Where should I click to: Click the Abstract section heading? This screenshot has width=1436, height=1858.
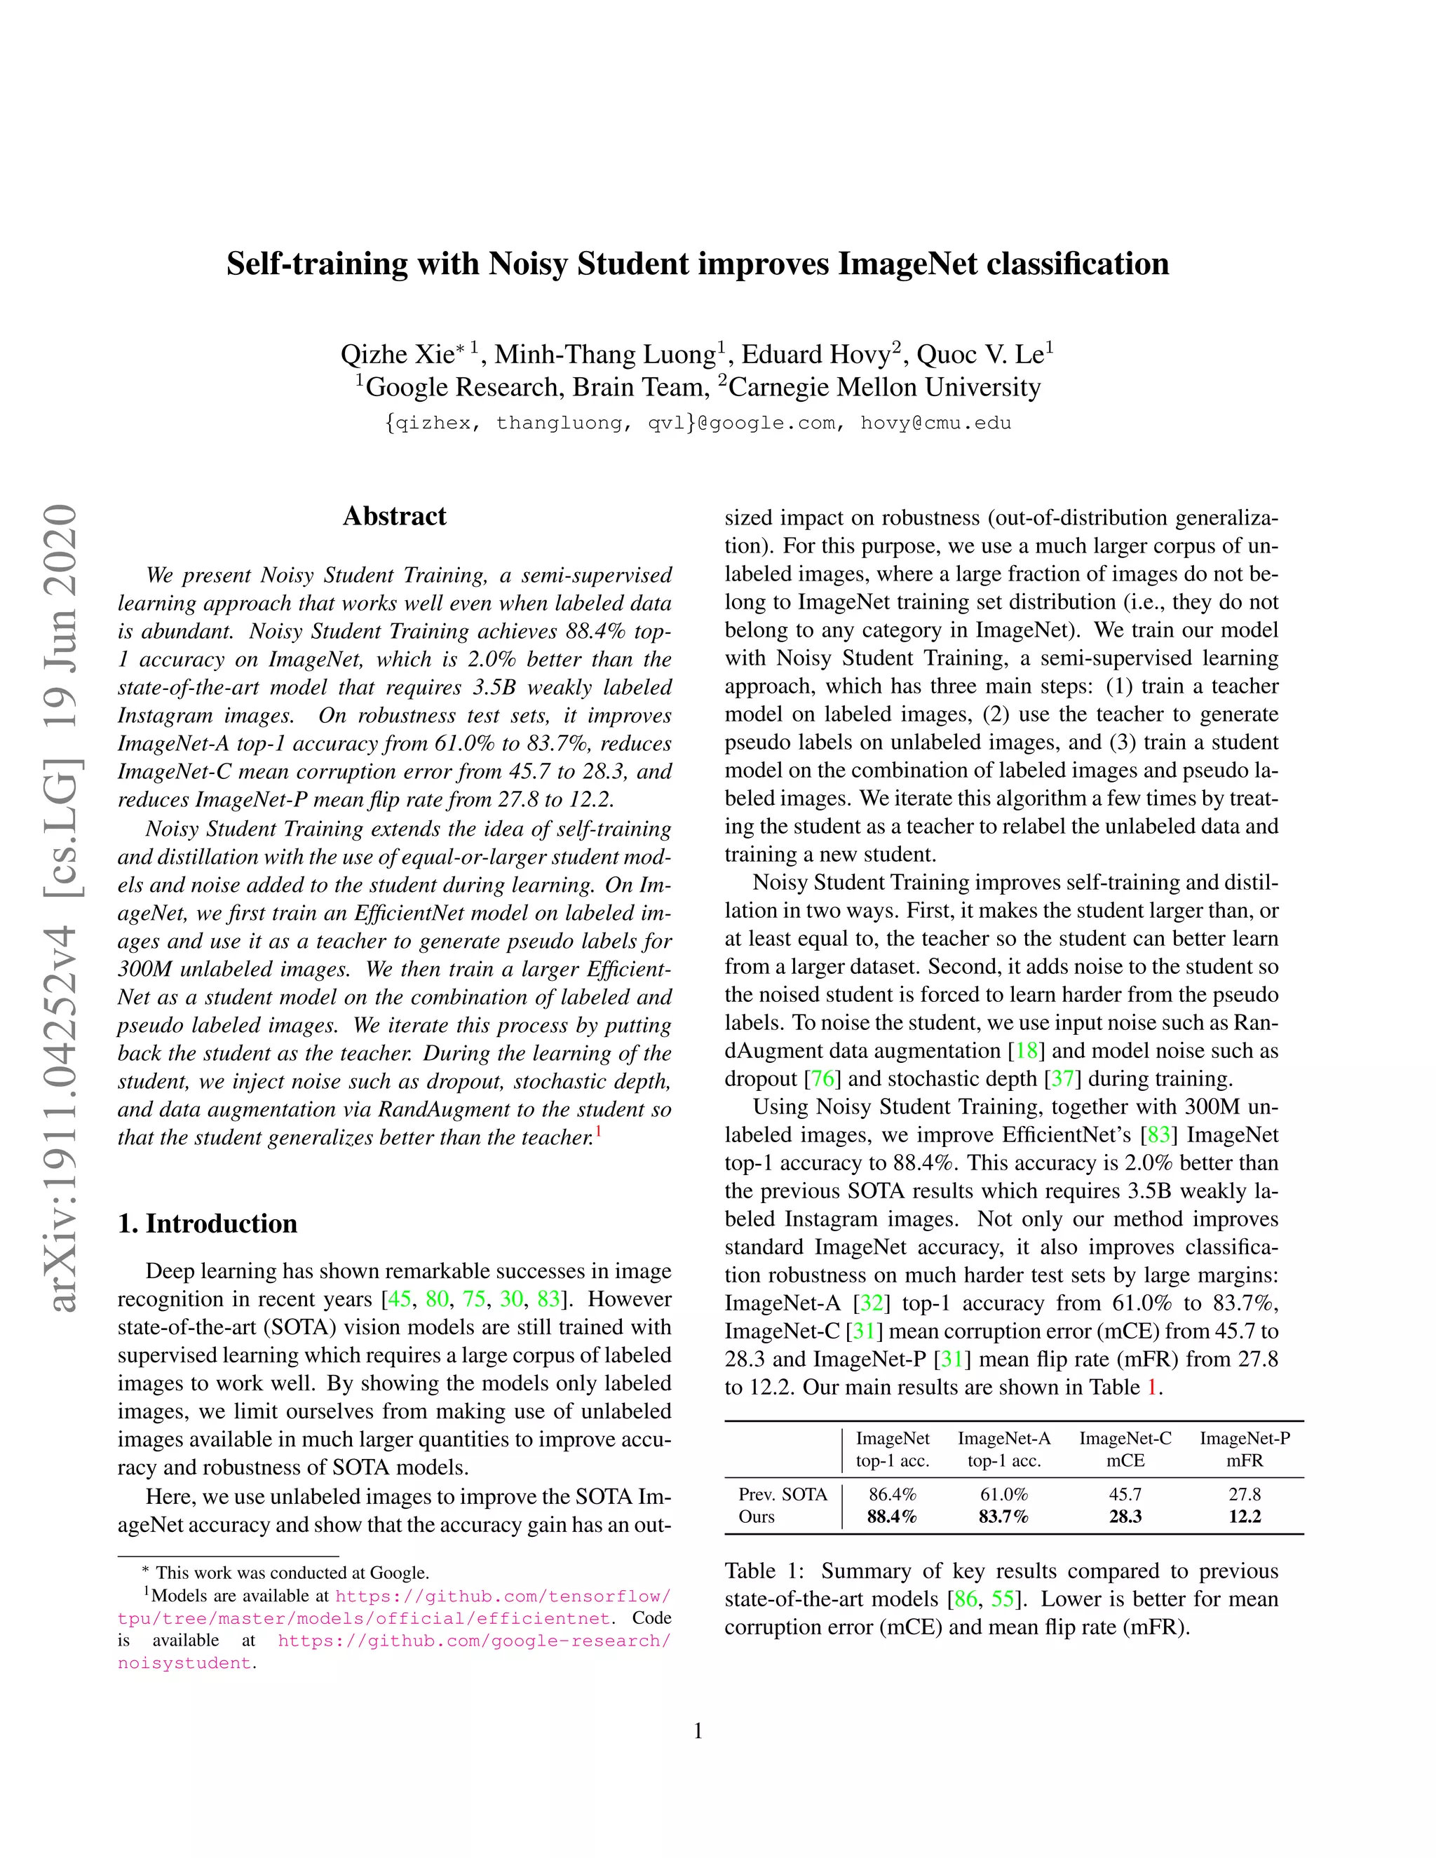[x=394, y=517]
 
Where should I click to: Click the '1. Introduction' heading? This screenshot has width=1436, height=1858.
[x=208, y=1223]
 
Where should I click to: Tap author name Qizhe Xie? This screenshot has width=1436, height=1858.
[x=398, y=354]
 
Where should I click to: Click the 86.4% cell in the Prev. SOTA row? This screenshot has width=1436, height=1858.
[x=892, y=1494]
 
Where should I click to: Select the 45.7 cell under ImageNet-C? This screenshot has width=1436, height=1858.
[x=1125, y=1494]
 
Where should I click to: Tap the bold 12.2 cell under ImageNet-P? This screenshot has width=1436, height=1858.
[x=1244, y=1516]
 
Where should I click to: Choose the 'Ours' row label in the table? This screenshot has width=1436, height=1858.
[x=757, y=1516]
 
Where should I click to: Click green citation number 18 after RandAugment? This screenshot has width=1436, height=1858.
[x=1027, y=1051]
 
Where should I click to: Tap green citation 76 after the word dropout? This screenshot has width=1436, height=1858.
[x=822, y=1079]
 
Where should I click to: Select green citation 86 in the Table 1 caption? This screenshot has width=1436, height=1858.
[x=966, y=1599]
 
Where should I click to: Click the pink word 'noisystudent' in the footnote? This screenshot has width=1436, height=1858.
[x=184, y=1663]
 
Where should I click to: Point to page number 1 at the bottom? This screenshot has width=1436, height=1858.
[x=698, y=1731]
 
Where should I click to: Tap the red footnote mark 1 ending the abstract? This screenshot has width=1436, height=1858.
[x=598, y=1132]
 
